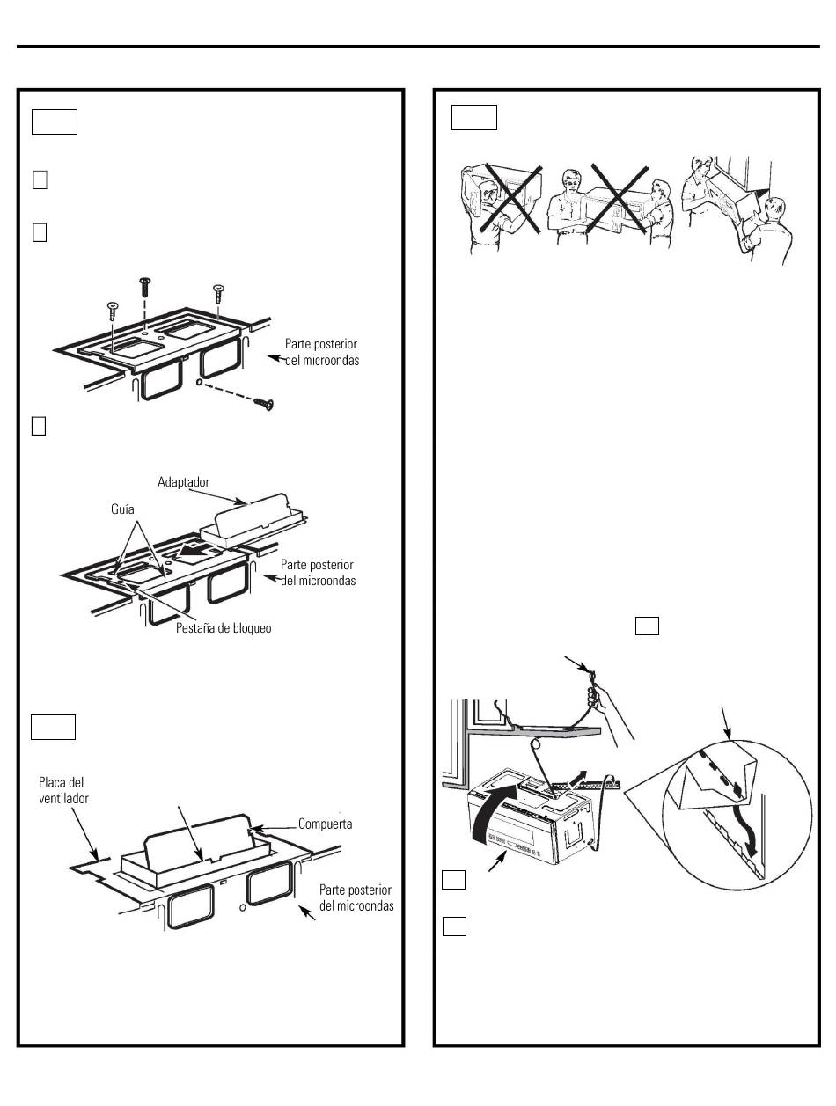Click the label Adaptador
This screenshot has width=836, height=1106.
(187, 482)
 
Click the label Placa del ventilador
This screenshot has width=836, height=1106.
(62, 789)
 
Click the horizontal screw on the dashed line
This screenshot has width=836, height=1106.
(263, 403)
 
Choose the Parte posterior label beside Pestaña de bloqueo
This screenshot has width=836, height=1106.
(319, 572)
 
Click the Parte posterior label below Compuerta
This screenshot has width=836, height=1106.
(355, 897)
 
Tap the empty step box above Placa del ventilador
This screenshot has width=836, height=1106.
(54, 728)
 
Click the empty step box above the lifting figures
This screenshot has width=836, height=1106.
(474, 117)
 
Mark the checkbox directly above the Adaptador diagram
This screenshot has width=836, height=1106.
(38, 425)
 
